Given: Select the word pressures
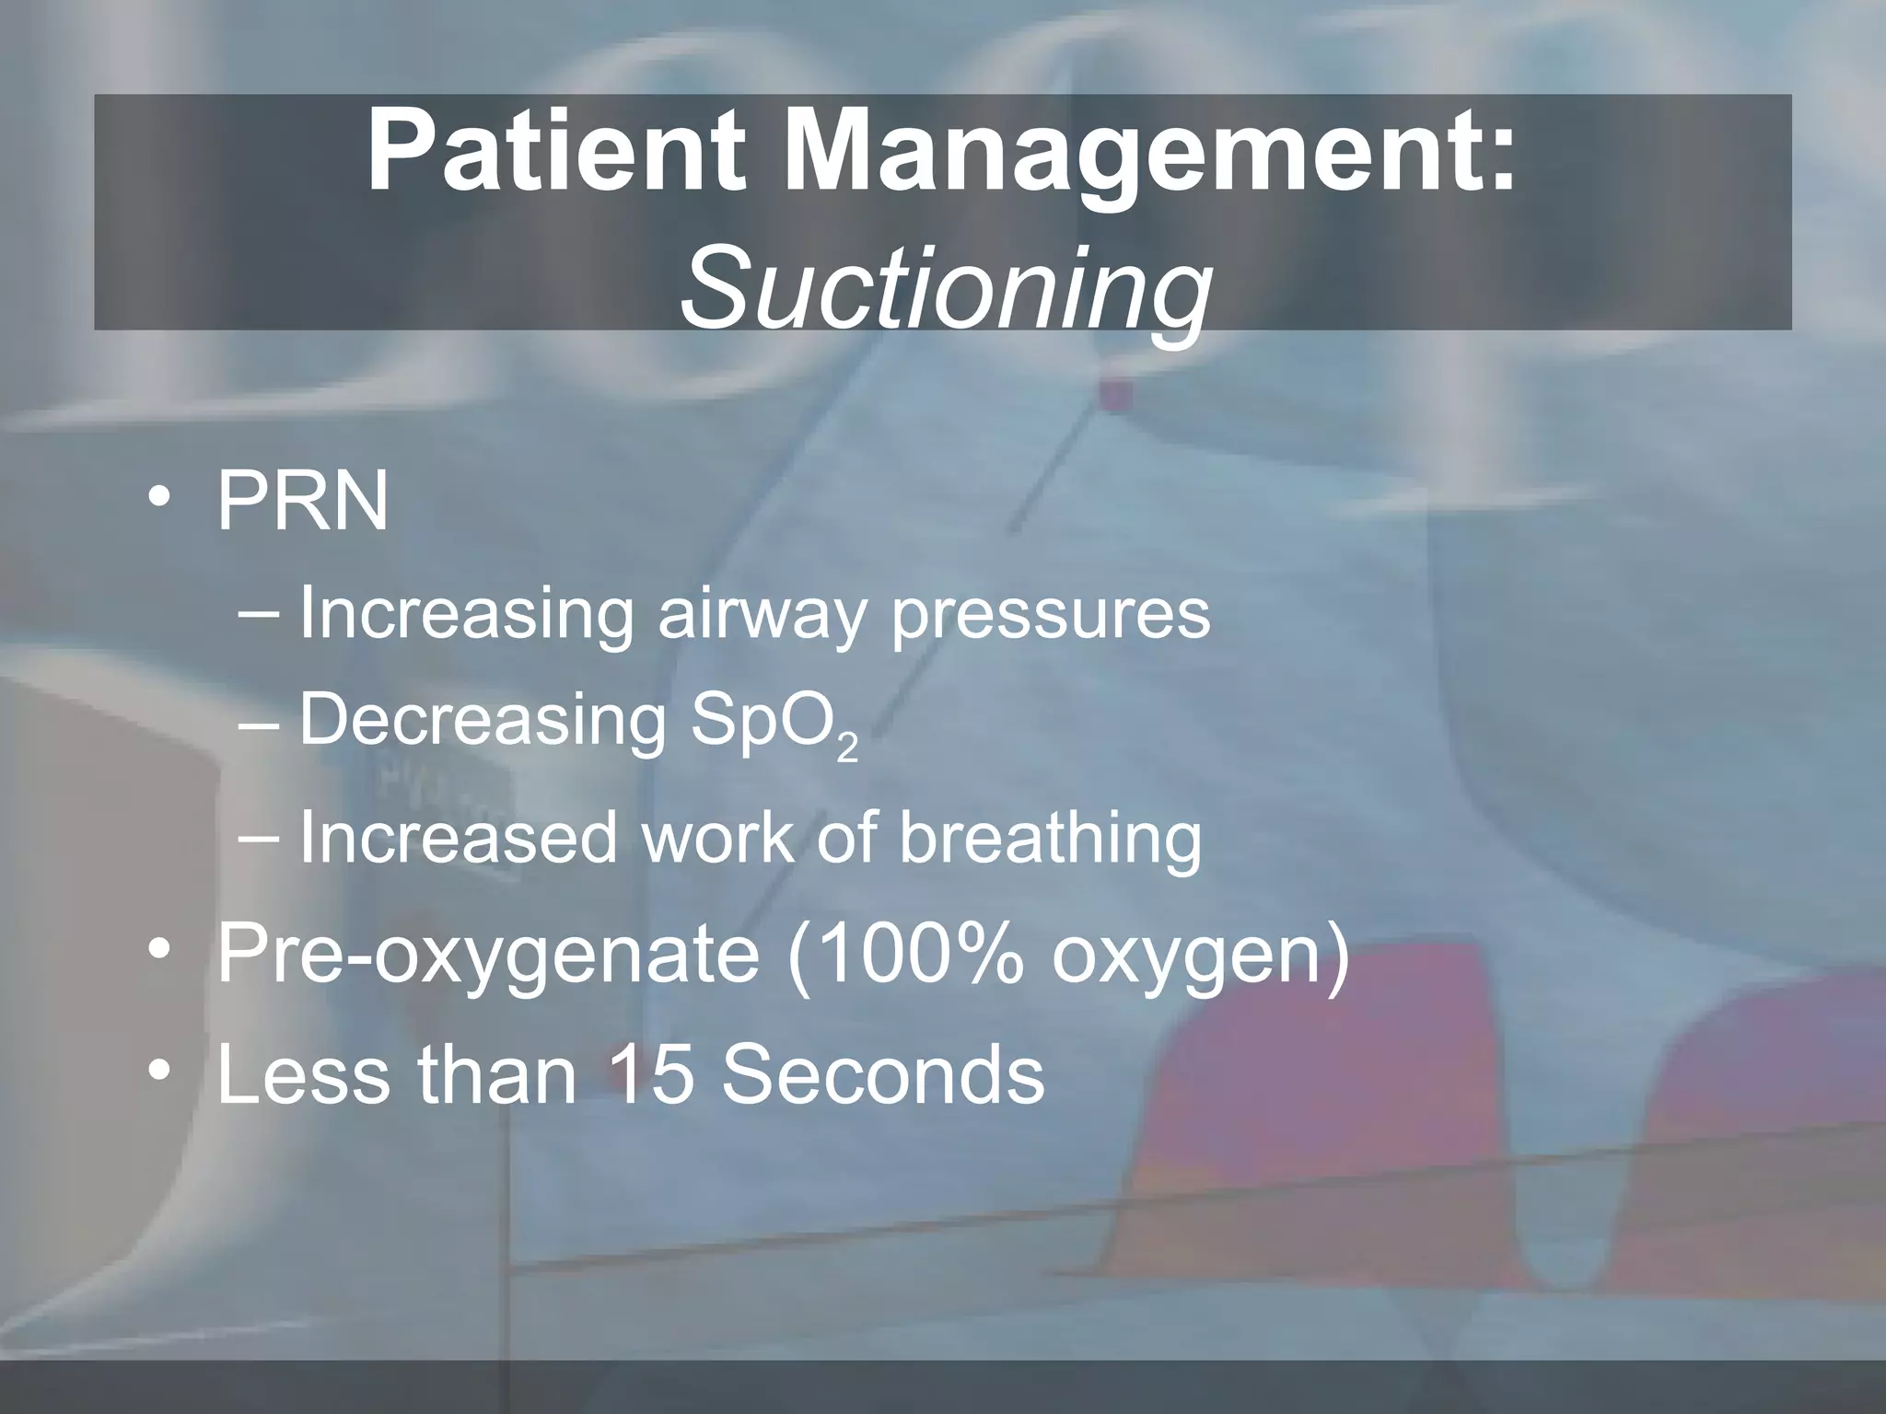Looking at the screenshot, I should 1051,615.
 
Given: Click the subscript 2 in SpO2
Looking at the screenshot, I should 848,749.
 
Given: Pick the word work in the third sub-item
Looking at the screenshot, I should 715,837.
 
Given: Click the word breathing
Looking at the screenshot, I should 1050,839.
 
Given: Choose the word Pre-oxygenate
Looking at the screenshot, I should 488,956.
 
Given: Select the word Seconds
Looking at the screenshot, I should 883,1074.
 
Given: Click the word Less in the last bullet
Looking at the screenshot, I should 303,1074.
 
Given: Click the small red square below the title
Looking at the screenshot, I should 1115,393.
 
